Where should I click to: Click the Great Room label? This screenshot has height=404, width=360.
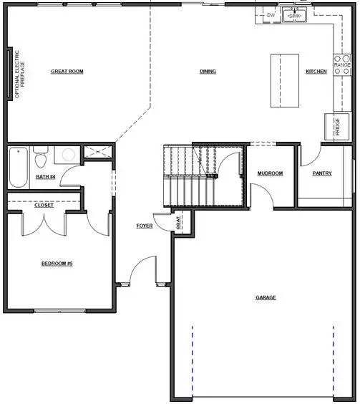[x=67, y=72]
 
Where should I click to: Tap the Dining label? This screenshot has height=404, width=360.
[x=208, y=72]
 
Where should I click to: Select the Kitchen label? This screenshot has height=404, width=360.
[x=316, y=72]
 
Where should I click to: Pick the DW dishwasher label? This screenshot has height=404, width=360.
[x=271, y=14]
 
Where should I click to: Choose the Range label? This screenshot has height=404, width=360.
[x=343, y=65]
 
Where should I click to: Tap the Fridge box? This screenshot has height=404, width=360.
[x=337, y=125]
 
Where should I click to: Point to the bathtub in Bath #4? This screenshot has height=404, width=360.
[x=18, y=167]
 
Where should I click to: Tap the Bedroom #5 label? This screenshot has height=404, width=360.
[x=57, y=264]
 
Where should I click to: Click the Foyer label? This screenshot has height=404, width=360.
[x=145, y=226]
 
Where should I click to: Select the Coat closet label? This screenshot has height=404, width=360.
[x=179, y=225]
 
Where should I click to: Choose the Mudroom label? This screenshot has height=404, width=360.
[x=271, y=173]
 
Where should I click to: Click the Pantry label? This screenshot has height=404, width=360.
[x=322, y=173]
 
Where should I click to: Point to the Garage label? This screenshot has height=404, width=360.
[x=266, y=297]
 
